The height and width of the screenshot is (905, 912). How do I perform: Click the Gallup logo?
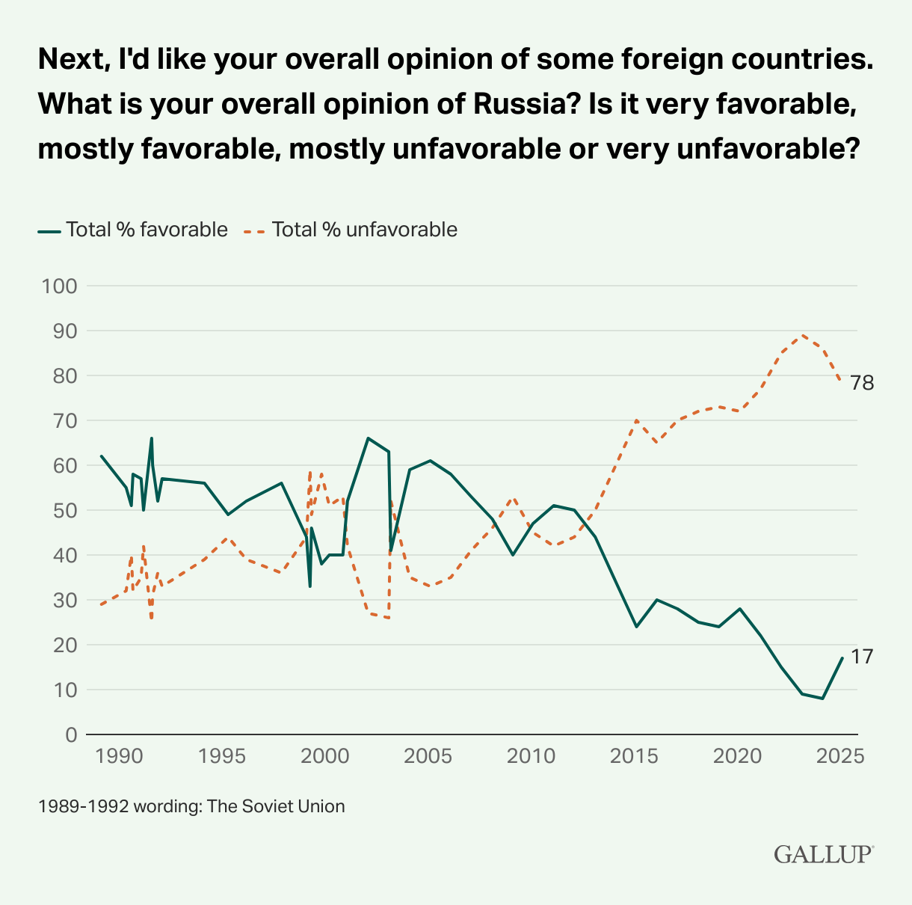click(x=823, y=854)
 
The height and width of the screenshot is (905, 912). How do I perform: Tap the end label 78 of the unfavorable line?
click(x=862, y=384)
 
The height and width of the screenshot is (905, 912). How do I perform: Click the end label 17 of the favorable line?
click(x=862, y=657)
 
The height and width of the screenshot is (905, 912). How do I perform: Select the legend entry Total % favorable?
click(x=133, y=230)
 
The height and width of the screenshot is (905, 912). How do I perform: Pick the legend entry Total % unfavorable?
click(x=351, y=230)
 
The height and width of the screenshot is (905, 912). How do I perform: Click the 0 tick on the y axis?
click(x=71, y=734)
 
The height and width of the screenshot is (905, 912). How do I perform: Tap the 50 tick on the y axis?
click(x=66, y=510)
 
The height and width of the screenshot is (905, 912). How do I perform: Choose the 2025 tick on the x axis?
click(x=842, y=755)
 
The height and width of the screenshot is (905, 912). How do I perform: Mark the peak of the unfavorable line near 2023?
click(x=802, y=335)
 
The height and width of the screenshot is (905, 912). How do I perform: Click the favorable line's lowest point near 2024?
click(x=822, y=699)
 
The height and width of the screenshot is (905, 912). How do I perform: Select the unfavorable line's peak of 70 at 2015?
click(x=636, y=420)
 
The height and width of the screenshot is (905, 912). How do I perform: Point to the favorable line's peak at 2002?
click(x=368, y=438)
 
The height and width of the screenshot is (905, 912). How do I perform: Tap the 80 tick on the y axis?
click(x=66, y=375)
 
